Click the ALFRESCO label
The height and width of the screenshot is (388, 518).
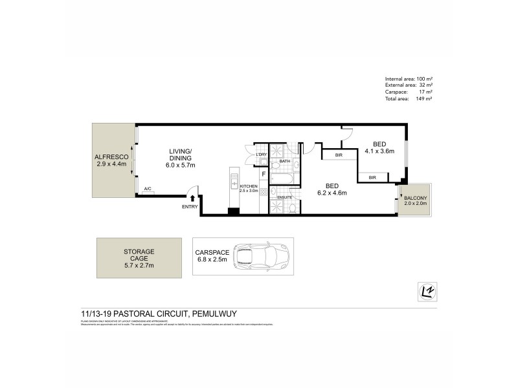click(x=113, y=157)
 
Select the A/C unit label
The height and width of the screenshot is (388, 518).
click(x=148, y=189)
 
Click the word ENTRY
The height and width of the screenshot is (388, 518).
click(x=190, y=207)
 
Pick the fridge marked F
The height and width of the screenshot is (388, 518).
click(x=264, y=174)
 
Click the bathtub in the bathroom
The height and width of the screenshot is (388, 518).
click(x=284, y=175)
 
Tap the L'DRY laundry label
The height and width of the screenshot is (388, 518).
click(x=262, y=154)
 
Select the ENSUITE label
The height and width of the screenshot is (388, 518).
click(x=285, y=197)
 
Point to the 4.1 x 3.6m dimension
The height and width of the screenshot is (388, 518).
click(x=379, y=151)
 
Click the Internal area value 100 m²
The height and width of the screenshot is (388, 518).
click(x=425, y=79)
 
